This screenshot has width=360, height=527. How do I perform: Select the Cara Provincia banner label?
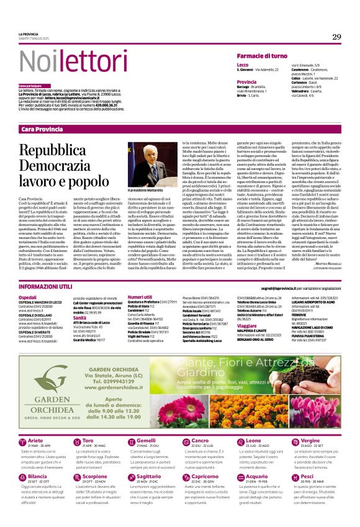[x=42, y=128]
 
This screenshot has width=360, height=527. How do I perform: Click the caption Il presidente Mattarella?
[x=149, y=189]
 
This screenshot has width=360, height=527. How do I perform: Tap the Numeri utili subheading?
[x=140, y=297]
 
